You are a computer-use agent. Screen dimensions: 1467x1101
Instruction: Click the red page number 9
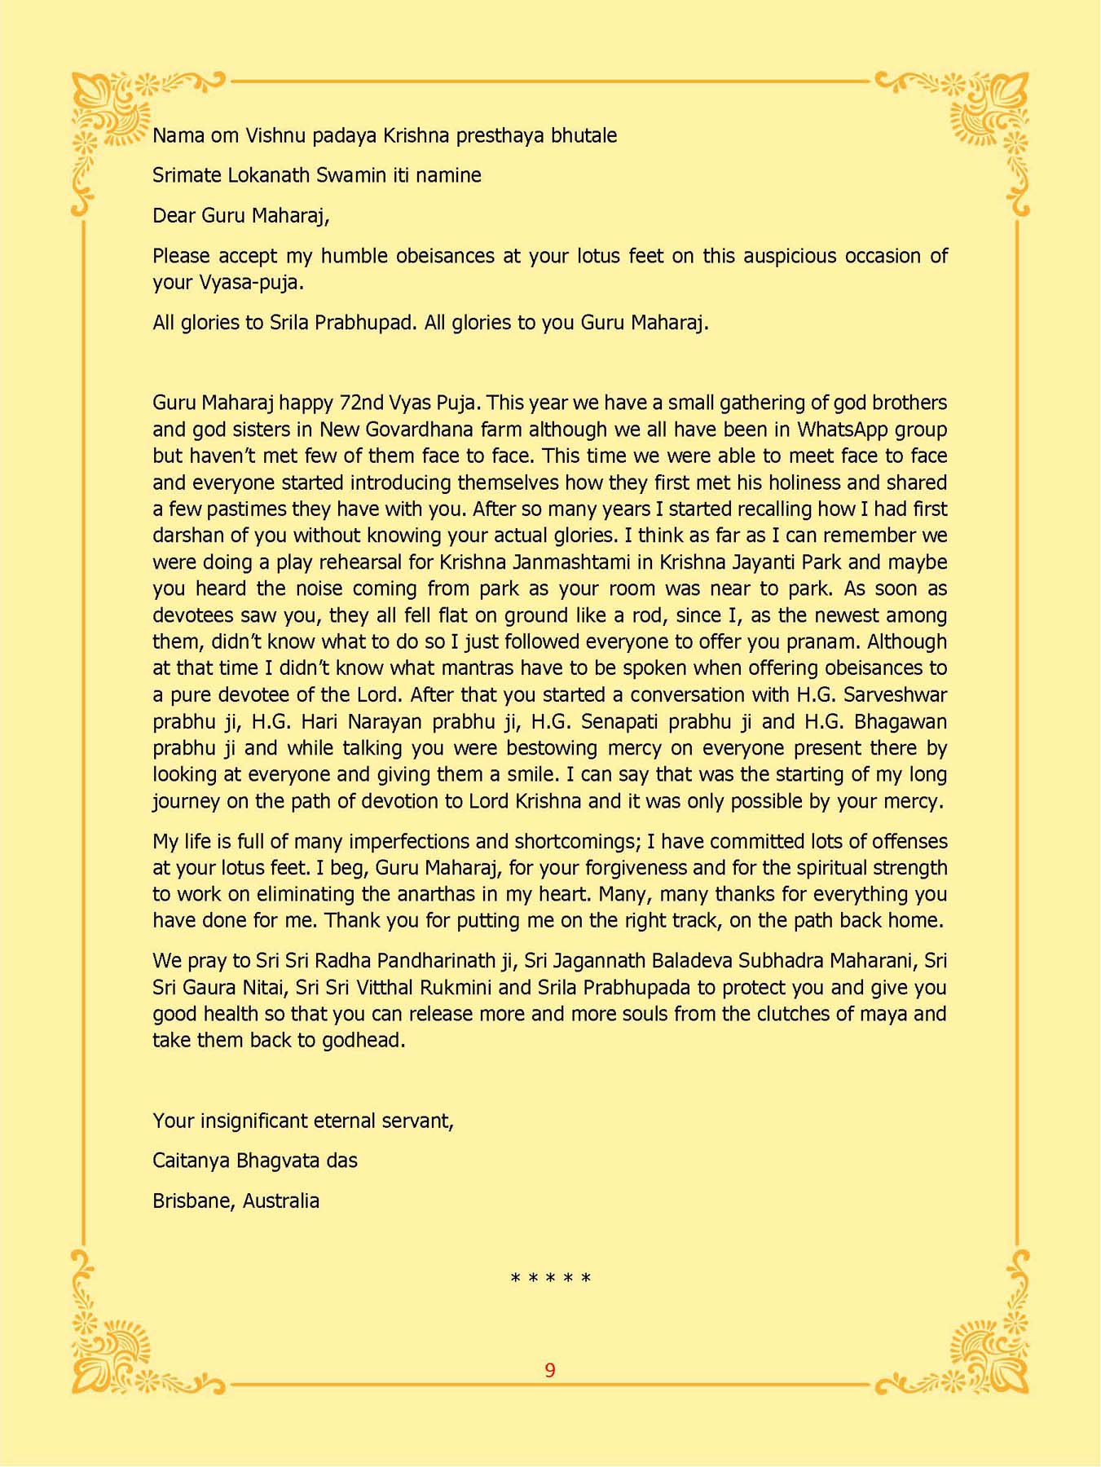point(550,1370)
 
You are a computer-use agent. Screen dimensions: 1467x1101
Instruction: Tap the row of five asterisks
point(550,1279)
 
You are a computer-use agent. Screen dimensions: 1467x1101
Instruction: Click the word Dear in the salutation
point(174,216)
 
